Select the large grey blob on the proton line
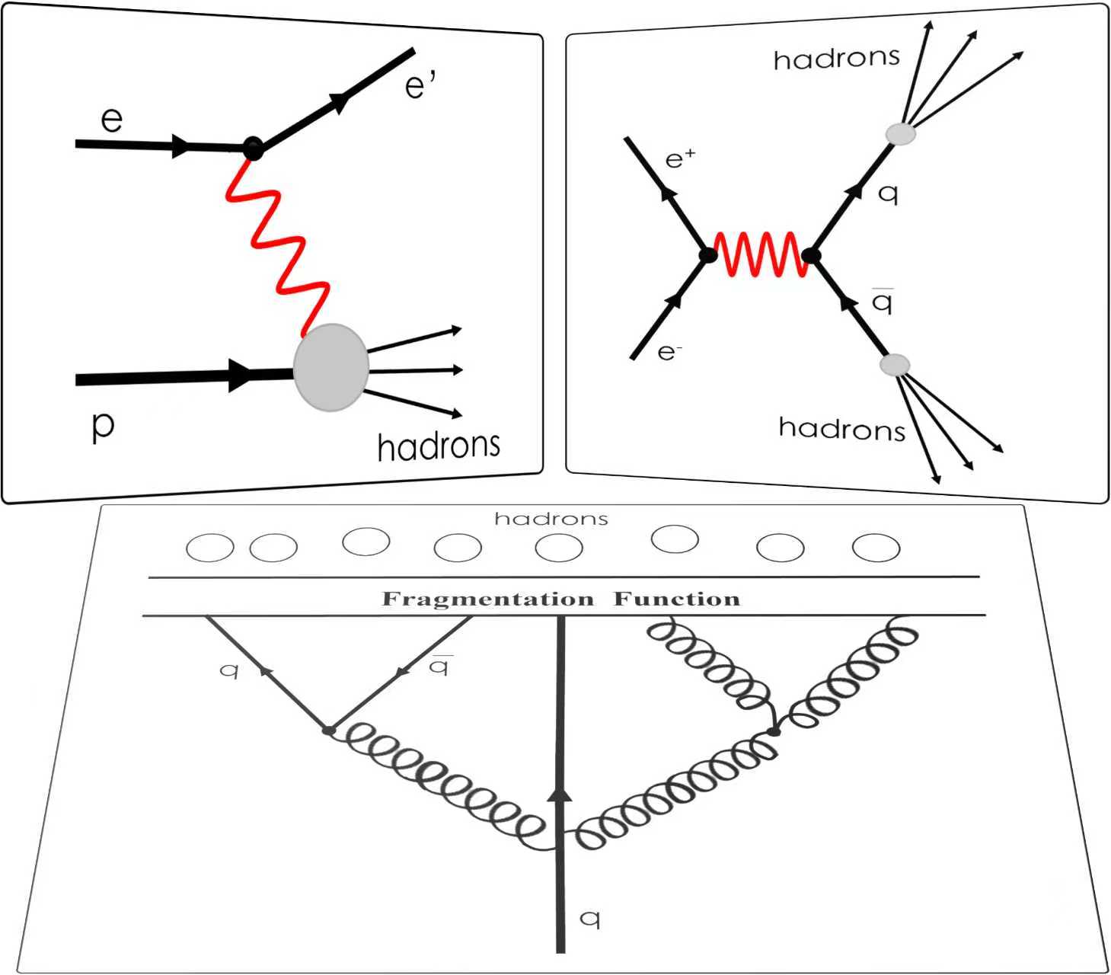(331, 368)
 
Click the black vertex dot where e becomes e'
(254, 148)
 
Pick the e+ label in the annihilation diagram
(680, 160)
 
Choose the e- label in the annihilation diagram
(669, 352)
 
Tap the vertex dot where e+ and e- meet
(708, 255)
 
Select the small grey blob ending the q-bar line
(894, 365)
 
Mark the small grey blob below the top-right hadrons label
(901, 133)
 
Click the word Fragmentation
(487, 599)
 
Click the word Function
(677, 599)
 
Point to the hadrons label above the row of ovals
(551, 519)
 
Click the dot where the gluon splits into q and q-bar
(329, 730)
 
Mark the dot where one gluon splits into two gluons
(774, 732)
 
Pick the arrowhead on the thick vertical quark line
(560, 795)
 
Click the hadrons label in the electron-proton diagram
(439, 446)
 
